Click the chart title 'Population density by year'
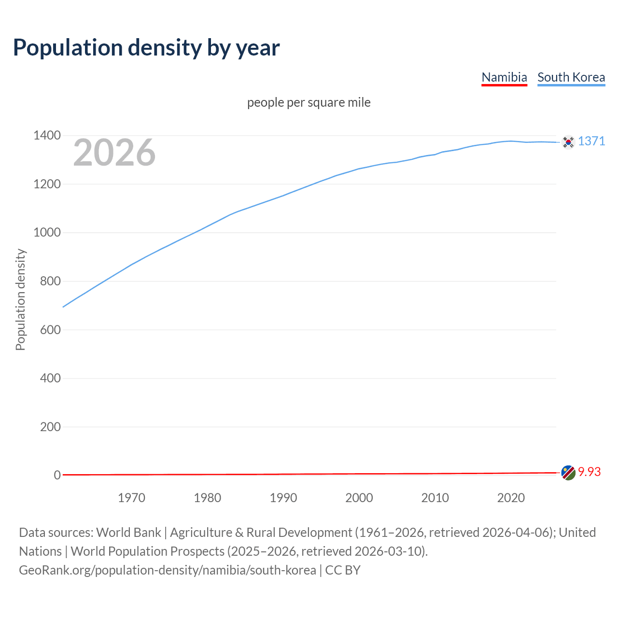tap(146, 48)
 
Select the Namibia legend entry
tap(504, 77)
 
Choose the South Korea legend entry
tap(571, 77)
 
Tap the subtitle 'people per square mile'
tap(309, 102)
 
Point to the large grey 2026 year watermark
tap(114, 153)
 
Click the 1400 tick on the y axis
tap(47, 135)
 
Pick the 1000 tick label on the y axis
tap(47, 232)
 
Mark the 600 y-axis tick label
tap(50, 330)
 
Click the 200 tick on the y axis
tap(50, 427)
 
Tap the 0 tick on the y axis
tap(57, 475)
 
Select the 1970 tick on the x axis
tap(131, 498)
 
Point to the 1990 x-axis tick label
tap(283, 498)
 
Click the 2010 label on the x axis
tap(435, 498)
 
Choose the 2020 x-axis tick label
tap(511, 498)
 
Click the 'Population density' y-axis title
tap(20, 299)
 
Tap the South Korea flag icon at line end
tap(568, 142)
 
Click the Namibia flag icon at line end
tap(568, 473)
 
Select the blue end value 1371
tap(591, 141)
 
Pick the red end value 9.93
tap(589, 472)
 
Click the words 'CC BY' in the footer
tap(343, 570)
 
